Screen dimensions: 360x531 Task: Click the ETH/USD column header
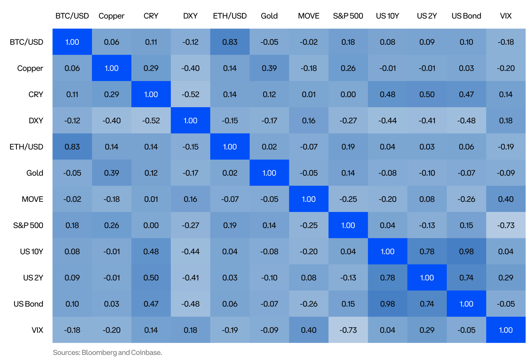click(230, 16)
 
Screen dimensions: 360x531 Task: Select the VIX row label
click(37, 330)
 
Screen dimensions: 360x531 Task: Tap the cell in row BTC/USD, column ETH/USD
click(230, 42)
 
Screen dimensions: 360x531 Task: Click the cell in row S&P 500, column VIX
click(506, 225)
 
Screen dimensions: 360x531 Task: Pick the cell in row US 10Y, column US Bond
click(466, 251)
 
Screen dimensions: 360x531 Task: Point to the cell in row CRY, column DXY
click(190, 94)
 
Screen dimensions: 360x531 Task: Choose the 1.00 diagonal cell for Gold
click(269, 173)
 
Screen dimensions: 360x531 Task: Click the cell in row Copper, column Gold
click(269, 68)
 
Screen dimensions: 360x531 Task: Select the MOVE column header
click(308, 16)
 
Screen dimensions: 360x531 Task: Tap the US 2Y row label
click(33, 278)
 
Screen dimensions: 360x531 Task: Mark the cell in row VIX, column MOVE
click(308, 330)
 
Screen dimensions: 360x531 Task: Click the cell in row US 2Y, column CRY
click(151, 278)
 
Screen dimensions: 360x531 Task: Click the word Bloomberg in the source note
click(99, 353)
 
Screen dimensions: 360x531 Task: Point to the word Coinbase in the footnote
click(146, 353)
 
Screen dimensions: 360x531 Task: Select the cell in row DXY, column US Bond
click(466, 120)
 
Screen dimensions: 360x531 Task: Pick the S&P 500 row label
click(28, 225)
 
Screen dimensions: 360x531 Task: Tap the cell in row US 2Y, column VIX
click(506, 278)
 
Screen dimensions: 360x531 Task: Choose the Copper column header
click(112, 16)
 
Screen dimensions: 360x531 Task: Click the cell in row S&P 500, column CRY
click(151, 225)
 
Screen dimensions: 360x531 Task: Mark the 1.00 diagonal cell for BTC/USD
click(72, 42)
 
